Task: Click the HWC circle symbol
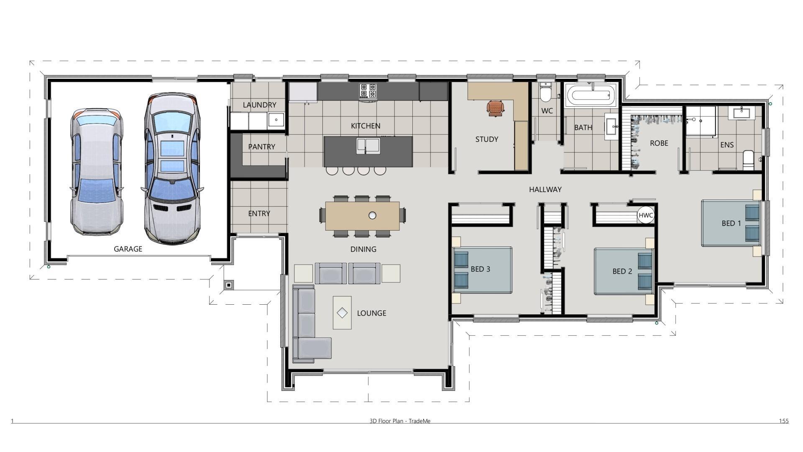[646, 216]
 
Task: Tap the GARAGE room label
[128, 249]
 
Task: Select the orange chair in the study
[495, 108]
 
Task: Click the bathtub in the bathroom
[591, 95]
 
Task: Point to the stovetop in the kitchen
[368, 91]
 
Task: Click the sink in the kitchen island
[368, 145]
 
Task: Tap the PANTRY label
[261, 147]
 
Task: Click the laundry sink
[276, 120]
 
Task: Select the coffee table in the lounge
[342, 313]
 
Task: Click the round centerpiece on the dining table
[372, 216]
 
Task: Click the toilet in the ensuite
[748, 161]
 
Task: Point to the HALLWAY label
[545, 190]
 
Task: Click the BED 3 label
[480, 269]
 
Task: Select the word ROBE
[659, 143]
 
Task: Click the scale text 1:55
[784, 421]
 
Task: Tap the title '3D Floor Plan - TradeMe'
[400, 421]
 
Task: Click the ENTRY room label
[259, 213]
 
